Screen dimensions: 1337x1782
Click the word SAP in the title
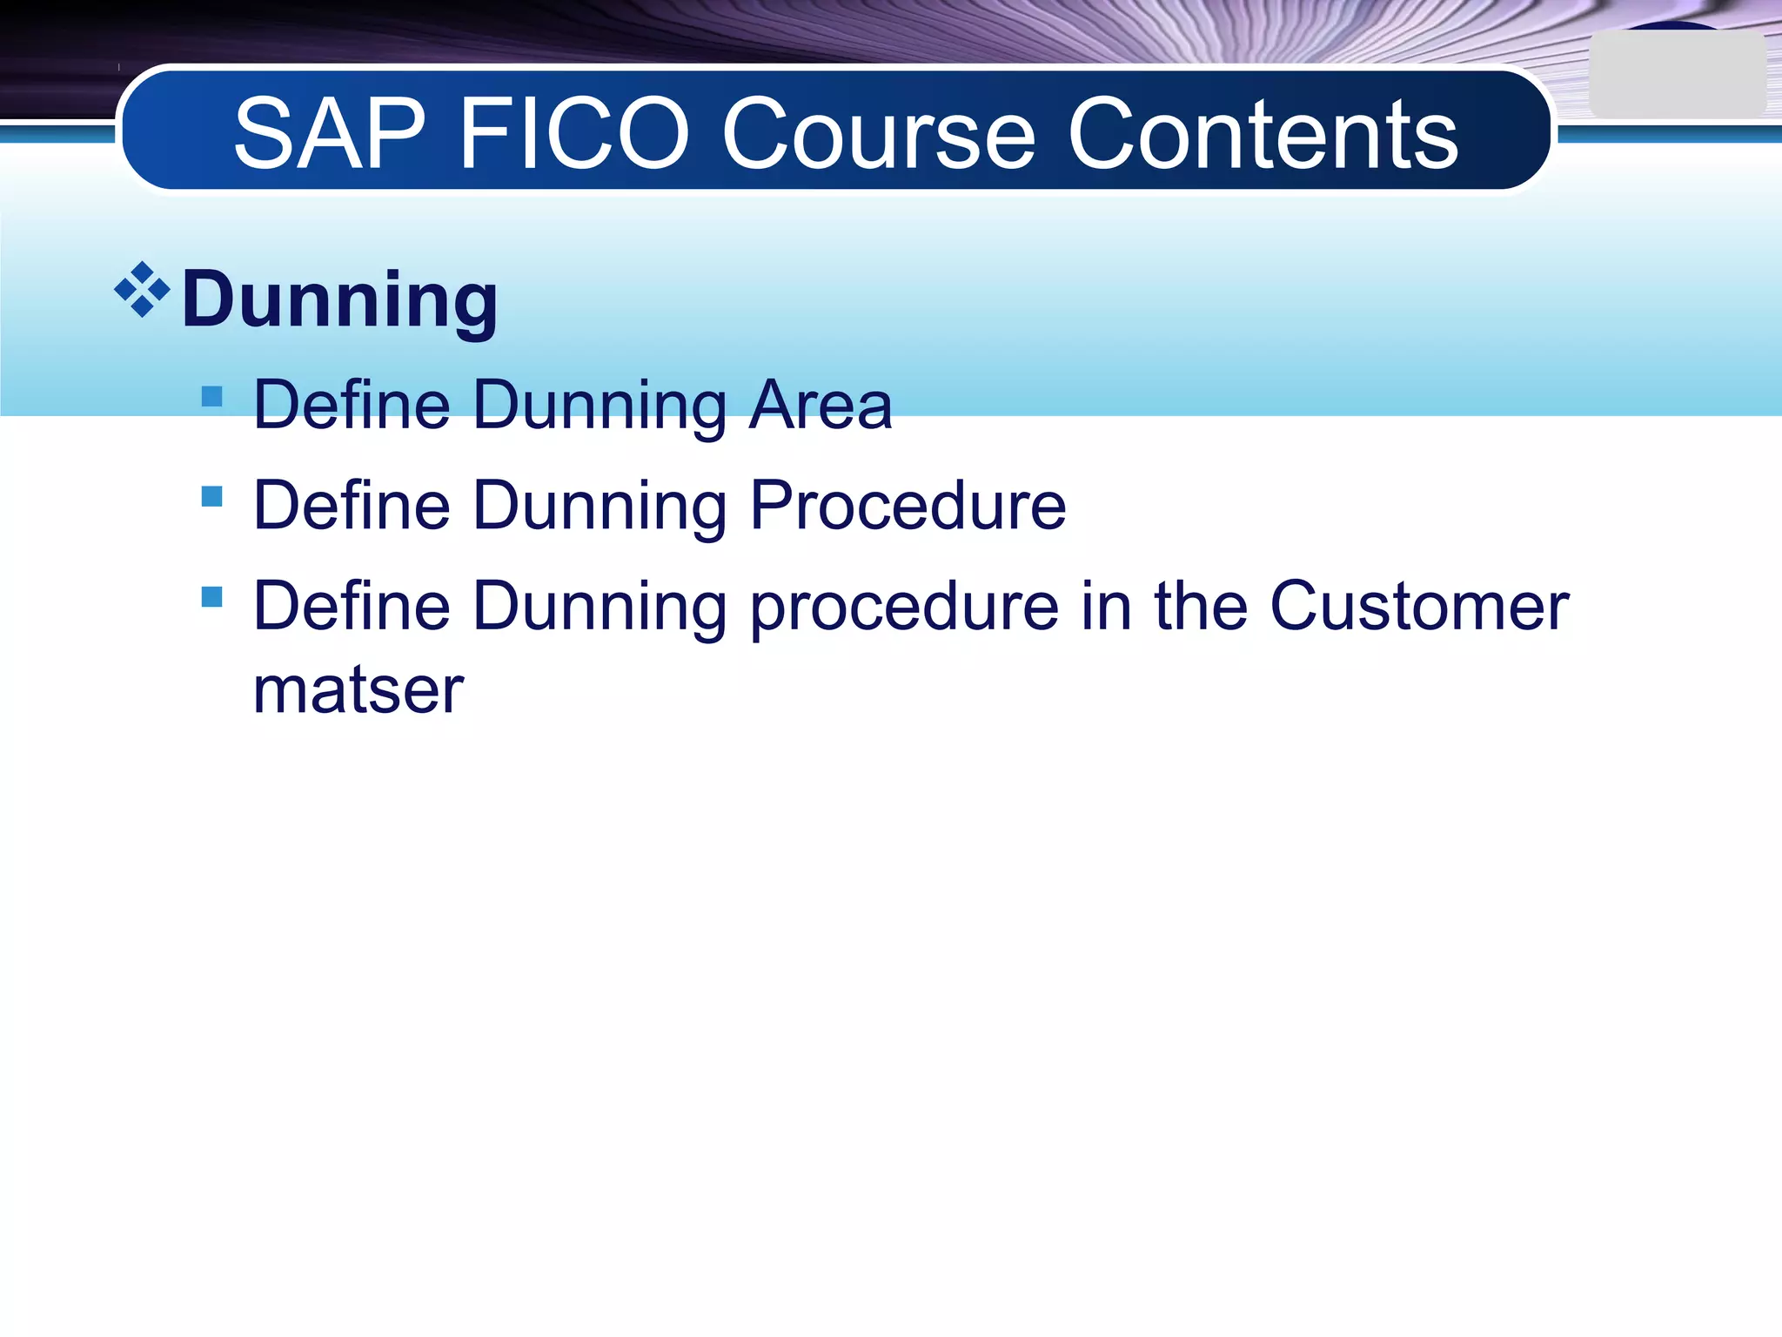pyautogui.click(x=329, y=135)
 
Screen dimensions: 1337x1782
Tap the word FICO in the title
pyautogui.click(x=573, y=135)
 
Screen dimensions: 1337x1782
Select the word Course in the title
pyautogui.click(x=879, y=135)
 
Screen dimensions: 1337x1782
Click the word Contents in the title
pyautogui.click(x=1262, y=135)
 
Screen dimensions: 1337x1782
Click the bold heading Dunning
pyautogui.click(x=339, y=300)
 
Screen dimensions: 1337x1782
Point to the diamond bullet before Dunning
pyautogui.click(x=142, y=290)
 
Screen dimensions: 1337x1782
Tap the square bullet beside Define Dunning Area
pyautogui.click(x=211, y=397)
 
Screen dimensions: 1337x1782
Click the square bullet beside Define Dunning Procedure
pyautogui.click(x=211, y=497)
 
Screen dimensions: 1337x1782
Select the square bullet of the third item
pyautogui.click(x=211, y=597)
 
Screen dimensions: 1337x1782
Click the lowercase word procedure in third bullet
pyautogui.click(x=905, y=608)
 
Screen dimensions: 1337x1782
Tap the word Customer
pyautogui.click(x=1418, y=606)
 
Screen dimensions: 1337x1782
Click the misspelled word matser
pyautogui.click(x=358, y=690)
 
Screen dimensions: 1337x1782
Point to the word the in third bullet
pyautogui.click(x=1201, y=606)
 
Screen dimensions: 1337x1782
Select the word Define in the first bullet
pyautogui.click(x=352, y=406)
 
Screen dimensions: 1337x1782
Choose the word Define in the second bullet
pyautogui.click(x=352, y=506)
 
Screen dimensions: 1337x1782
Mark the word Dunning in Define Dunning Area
pyautogui.click(x=600, y=407)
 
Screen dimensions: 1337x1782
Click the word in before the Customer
pyautogui.click(x=1106, y=606)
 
